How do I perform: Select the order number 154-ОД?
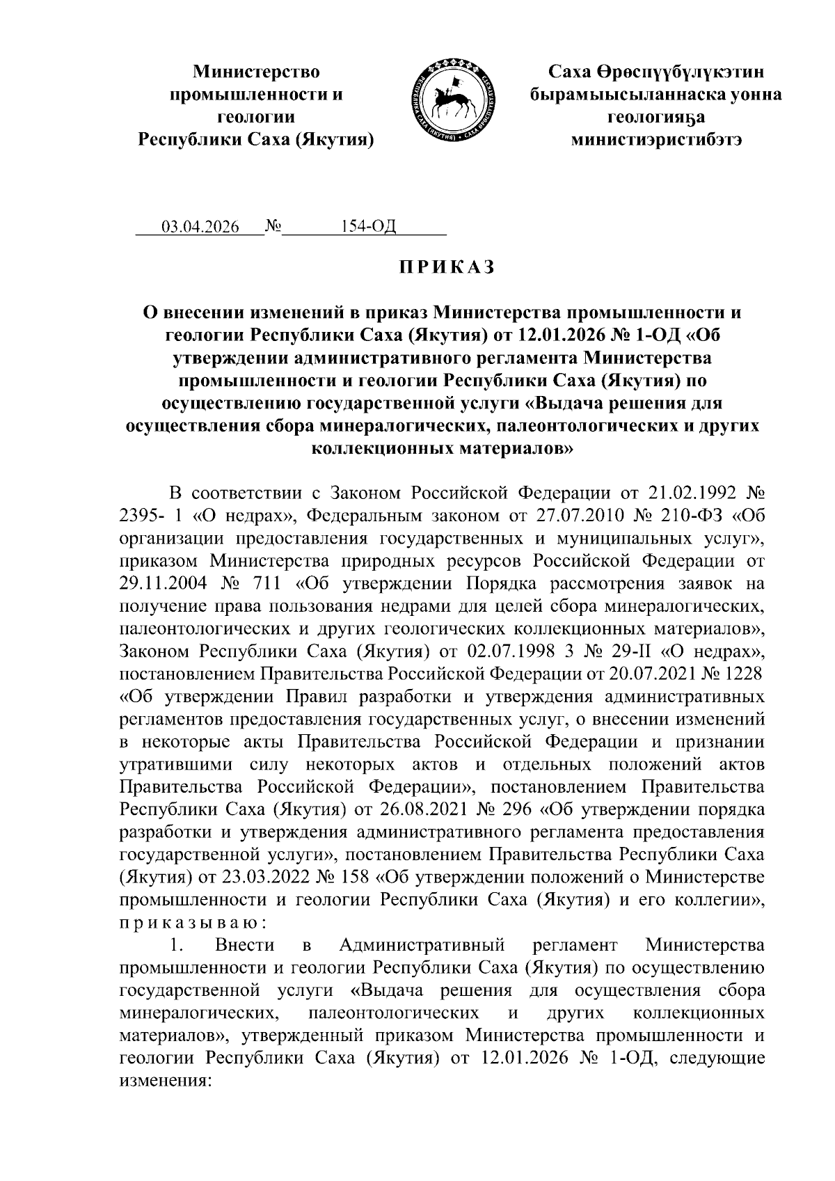368,228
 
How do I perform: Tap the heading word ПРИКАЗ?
446,267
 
